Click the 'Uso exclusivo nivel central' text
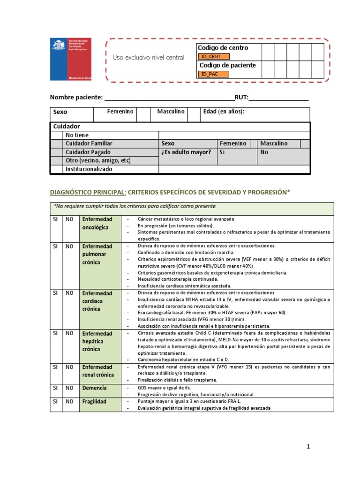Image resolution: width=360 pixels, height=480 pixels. (x=149, y=58)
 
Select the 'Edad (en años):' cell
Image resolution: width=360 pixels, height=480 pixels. (x=224, y=112)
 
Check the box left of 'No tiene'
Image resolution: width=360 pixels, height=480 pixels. (x=57, y=135)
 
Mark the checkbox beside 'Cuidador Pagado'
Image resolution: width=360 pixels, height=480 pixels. (x=57, y=152)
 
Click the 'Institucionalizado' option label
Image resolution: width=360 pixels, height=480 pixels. (x=89, y=169)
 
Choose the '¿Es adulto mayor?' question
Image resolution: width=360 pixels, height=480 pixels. (x=186, y=152)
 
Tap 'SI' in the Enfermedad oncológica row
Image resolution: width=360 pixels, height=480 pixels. (x=55, y=219)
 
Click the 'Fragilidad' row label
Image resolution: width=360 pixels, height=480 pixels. (x=94, y=402)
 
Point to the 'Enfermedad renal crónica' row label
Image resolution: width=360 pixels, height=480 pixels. (x=97, y=371)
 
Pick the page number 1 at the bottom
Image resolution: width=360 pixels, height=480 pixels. (x=308, y=447)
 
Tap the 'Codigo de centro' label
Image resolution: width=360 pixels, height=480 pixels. (x=223, y=48)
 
